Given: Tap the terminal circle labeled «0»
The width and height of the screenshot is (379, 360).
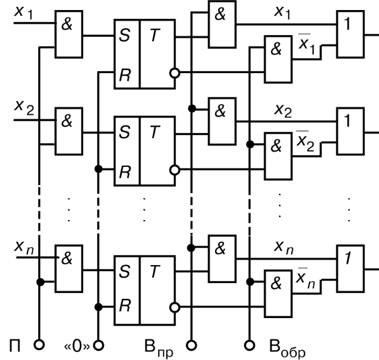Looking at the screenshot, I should pyautogui.click(x=98, y=343).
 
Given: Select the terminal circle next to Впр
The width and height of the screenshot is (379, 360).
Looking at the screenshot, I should pyautogui.click(x=191, y=343).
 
